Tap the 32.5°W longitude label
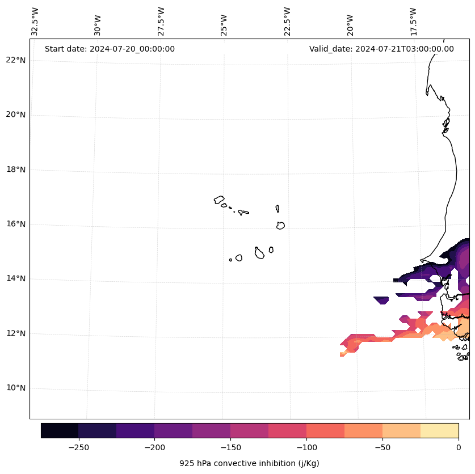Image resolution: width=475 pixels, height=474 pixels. pos(35,22)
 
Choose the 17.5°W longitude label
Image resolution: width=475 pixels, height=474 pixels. pos(413,22)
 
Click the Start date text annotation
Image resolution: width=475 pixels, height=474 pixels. pos(110,49)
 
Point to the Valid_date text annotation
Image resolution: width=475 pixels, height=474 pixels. pos(381,49)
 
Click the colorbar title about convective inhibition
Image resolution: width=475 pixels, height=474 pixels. pos(249,463)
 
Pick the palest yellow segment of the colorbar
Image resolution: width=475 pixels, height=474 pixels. pos(439,430)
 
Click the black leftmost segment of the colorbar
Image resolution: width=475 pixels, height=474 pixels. pos(60,430)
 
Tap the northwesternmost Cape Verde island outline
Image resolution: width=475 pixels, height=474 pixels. pos(219,200)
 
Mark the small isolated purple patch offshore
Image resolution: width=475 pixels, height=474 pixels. pos(381,300)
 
